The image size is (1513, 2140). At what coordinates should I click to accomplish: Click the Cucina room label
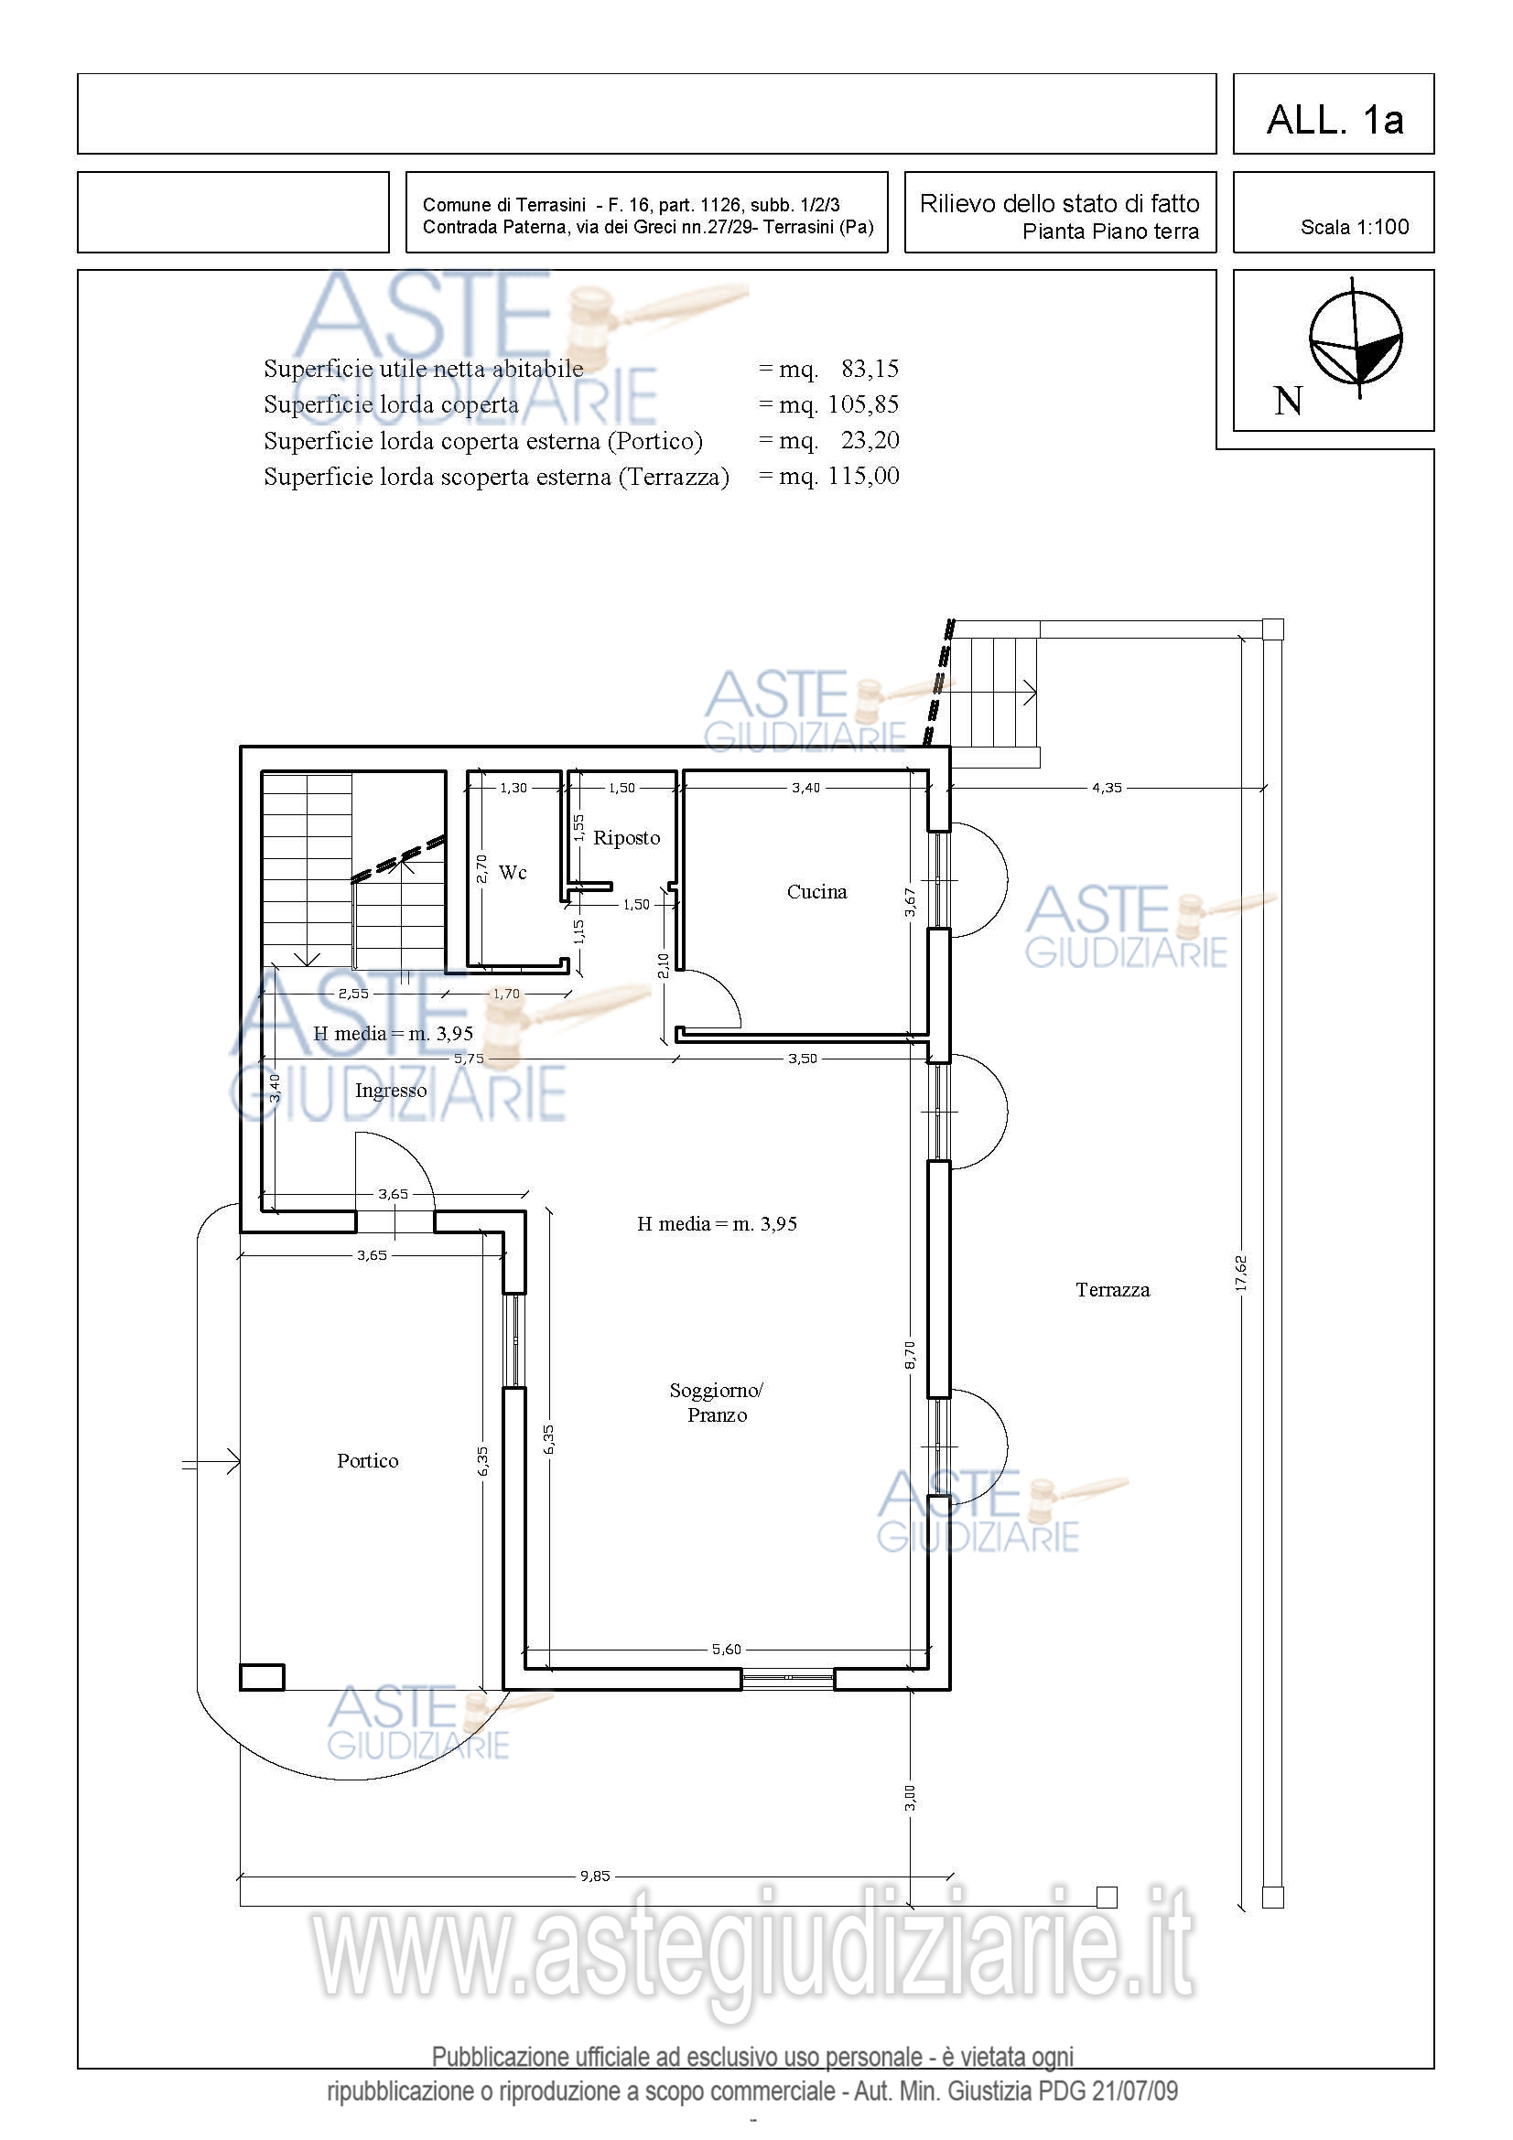816,892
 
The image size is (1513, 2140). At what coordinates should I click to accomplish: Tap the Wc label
513,873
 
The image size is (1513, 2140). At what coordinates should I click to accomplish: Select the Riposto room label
626,838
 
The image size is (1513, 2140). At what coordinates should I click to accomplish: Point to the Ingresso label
391,1091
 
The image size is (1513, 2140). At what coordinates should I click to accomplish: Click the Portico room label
367,1460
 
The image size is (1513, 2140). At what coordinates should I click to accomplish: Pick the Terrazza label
1112,1290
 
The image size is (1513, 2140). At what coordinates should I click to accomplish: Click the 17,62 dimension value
1241,1274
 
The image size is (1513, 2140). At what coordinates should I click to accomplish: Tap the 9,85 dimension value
595,1876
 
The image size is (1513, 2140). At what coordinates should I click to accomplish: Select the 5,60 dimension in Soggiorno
726,1649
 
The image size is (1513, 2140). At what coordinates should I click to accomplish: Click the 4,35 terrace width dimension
1108,788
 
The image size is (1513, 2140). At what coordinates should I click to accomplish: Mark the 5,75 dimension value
469,1058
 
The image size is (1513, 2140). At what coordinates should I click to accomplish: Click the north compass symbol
1356,338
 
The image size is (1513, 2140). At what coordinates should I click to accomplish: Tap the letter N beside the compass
1289,402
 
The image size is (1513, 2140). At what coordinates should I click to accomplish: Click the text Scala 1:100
1355,227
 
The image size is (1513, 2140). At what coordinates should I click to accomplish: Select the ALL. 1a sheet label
1335,119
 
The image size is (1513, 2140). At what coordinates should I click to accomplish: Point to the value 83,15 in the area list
870,369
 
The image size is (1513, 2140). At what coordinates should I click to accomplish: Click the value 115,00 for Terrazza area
863,477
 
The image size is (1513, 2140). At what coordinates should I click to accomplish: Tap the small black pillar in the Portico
262,1677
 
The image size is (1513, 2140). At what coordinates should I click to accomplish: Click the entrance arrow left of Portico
211,1462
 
